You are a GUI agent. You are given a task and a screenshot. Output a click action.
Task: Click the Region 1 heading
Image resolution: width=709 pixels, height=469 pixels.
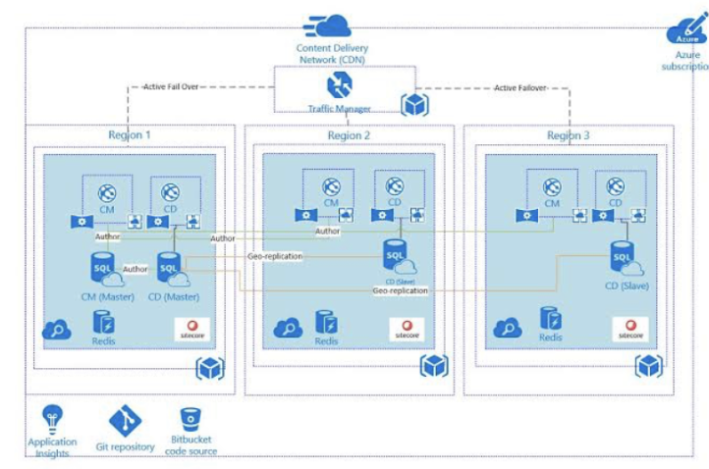(x=130, y=134)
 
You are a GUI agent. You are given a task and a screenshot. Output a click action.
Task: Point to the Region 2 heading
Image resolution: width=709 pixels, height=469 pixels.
(x=349, y=136)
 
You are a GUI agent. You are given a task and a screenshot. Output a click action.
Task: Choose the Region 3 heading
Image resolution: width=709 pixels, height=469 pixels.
(x=569, y=135)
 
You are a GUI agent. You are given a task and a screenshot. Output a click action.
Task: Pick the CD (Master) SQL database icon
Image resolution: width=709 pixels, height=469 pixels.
(x=169, y=265)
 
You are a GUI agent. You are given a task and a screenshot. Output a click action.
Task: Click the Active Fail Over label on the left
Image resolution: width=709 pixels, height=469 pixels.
(x=171, y=86)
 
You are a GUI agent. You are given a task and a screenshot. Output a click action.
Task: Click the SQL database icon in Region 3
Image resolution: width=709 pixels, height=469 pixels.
(x=623, y=258)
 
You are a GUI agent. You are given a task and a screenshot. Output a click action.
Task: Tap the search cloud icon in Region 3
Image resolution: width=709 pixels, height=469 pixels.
(x=510, y=329)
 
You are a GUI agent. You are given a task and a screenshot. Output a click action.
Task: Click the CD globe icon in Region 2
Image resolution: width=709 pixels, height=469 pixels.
(x=395, y=186)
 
